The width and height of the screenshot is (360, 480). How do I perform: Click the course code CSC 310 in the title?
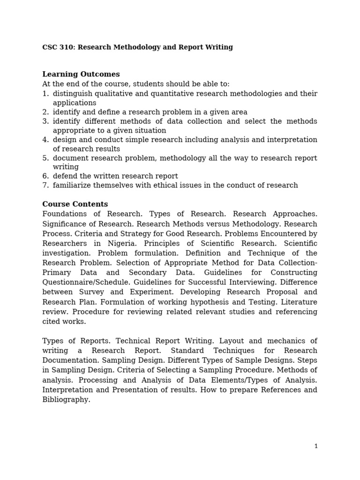tap(58, 47)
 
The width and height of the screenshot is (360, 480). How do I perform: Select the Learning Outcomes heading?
tap(81, 74)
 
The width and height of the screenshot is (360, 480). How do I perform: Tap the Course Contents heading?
tap(75, 204)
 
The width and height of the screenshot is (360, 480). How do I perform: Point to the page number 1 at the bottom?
tap(316, 446)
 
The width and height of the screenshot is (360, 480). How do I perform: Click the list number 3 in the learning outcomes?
tap(45, 121)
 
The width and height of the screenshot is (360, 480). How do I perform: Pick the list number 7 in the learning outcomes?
tap(45, 185)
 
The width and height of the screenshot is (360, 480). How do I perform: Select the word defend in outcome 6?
tap(65, 176)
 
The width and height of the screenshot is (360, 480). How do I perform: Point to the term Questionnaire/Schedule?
tap(86, 282)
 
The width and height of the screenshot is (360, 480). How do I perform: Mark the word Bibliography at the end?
tap(66, 400)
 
